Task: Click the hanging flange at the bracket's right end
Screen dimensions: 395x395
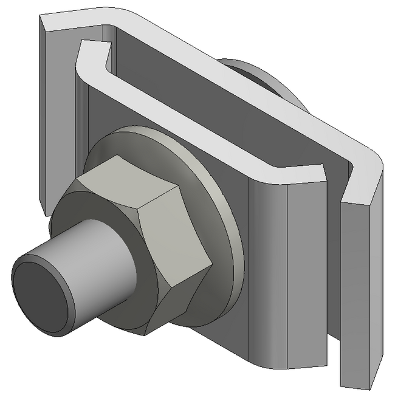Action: coord(359,292)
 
